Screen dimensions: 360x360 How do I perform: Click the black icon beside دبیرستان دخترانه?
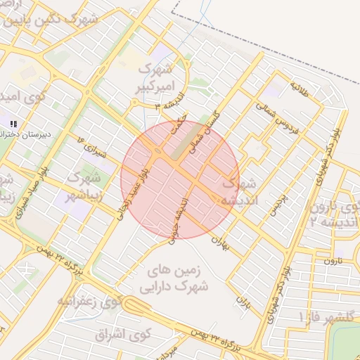(12, 124)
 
